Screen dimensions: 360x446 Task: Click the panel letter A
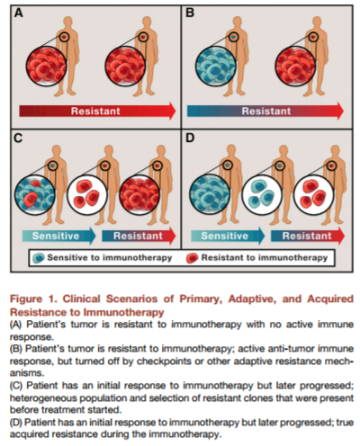coord(19,13)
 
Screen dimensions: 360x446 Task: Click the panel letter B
coord(190,13)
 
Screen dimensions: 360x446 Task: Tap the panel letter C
coord(18,138)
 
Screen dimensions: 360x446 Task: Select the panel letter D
coord(190,138)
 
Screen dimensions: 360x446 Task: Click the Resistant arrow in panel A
coord(97,111)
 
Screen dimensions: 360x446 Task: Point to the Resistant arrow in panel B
coord(265,111)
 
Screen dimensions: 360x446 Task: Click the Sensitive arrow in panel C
coord(58,236)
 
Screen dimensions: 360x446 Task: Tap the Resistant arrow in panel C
coord(139,236)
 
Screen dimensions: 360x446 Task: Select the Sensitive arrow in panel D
coord(228,236)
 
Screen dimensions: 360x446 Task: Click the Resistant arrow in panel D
coord(308,236)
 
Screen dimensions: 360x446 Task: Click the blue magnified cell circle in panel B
coord(215,67)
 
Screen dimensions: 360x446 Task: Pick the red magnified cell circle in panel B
coord(295,67)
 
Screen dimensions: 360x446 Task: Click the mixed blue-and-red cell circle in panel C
coord(35,195)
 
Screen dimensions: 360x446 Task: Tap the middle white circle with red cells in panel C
coord(87,195)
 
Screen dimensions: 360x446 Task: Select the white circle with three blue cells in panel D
coord(262,195)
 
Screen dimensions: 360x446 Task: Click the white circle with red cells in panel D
coord(314,195)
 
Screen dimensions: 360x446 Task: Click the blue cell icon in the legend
coord(39,258)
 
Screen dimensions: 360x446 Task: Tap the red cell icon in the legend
coord(192,258)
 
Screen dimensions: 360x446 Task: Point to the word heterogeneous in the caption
coord(39,398)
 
